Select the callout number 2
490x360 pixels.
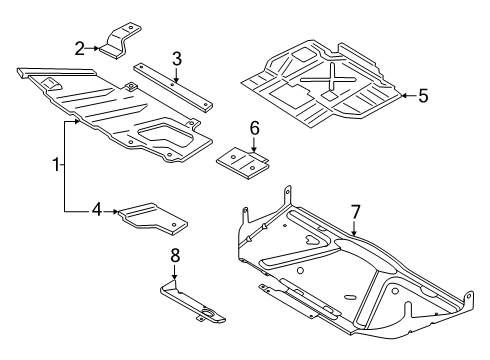[78, 47]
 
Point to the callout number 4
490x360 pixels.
[97, 210]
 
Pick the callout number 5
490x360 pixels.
[423, 96]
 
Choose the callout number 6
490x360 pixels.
[254, 129]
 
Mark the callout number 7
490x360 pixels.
[354, 211]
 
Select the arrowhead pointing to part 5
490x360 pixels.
[402, 96]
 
